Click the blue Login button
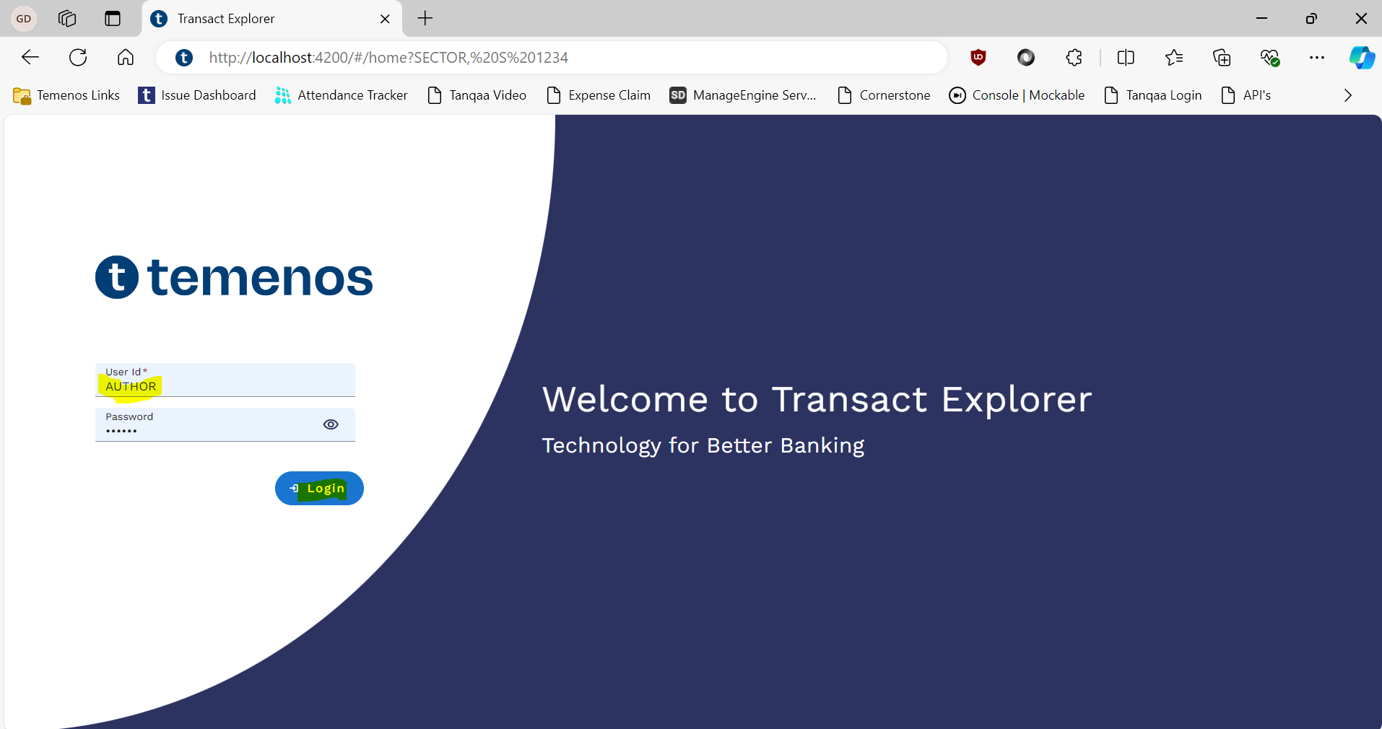pyautogui.click(x=319, y=489)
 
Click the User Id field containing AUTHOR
pyautogui.click(x=225, y=380)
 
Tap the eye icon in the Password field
pyautogui.click(x=331, y=424)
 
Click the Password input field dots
pyautogui.click(x=121, y=431)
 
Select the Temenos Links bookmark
pyautogui.click(x=66, y=95)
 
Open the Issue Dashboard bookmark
pyautogui.click(x=197, y=95)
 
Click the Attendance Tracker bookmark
pyautogui.click(x=341, y=95)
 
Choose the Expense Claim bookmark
pyautogui.click(x=599, y=95)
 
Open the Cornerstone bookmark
pyautogui.click(x=884, y=95)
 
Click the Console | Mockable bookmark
pyautogui.click(x=1017, y=95)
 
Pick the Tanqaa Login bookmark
pyautogui.click(x=1153, y=95)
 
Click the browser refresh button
pyautogui.click(x=78, y=57)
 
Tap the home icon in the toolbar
pyautogui.click(x=126, y=57)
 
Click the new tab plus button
pyautogui.click(x=425, y=18)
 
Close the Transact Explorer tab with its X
pyautogui.click(x=385, y=19)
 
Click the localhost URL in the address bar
pyautogui.click(x=388, y=57)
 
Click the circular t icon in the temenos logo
pyautogui.click(x=117, y=277)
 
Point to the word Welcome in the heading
pyautogui.click(x=625, y=399)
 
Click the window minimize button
pyautogui.click(x=1262, y=18)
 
